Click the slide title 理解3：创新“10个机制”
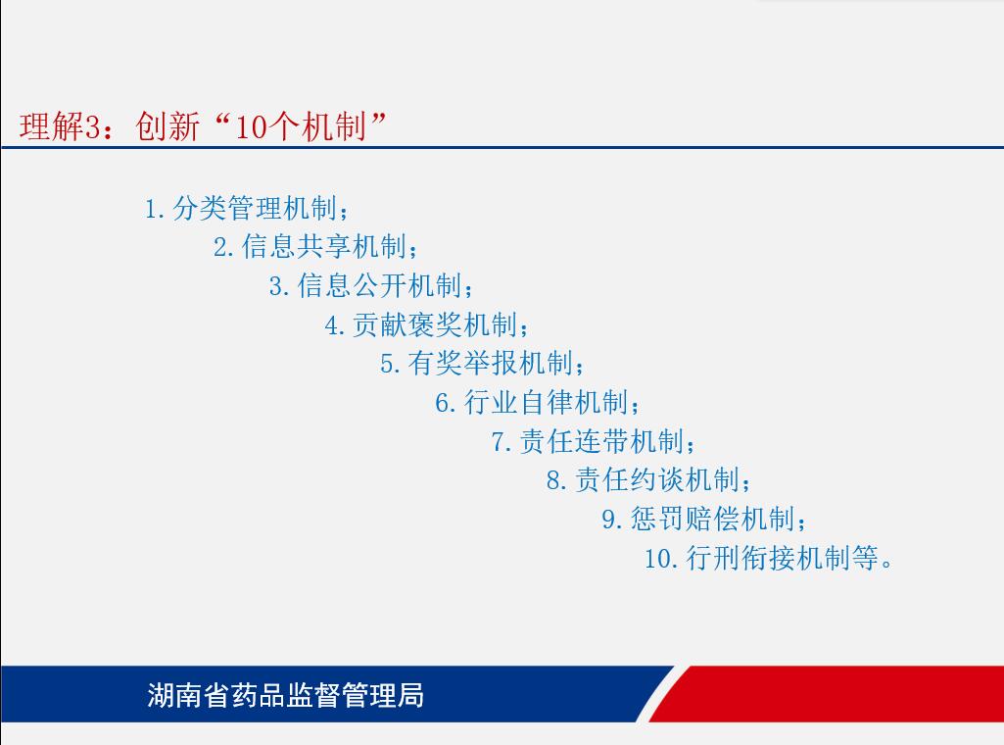click(203, 125)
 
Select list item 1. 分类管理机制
click(247, 208)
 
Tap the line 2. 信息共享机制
click(315, 247)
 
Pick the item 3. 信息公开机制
click(371, 285)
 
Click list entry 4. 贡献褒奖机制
click(427, 324)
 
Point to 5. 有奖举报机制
click(482, 364)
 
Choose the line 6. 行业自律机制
click(538, 402)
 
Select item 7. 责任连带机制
click(594, 441)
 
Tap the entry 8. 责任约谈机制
click(648, 479)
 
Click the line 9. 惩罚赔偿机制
click(704, 519)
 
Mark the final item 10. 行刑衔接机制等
click(768, 558)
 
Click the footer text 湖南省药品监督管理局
click(286, 695)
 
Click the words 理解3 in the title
click(60, 126)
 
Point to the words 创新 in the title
click(167, 126)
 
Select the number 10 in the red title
click(252, 126)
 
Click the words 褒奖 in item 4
click(436, 324)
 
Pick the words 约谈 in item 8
click(657, 479)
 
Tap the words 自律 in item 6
click(547, 402)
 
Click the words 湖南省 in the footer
click(188, 695)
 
